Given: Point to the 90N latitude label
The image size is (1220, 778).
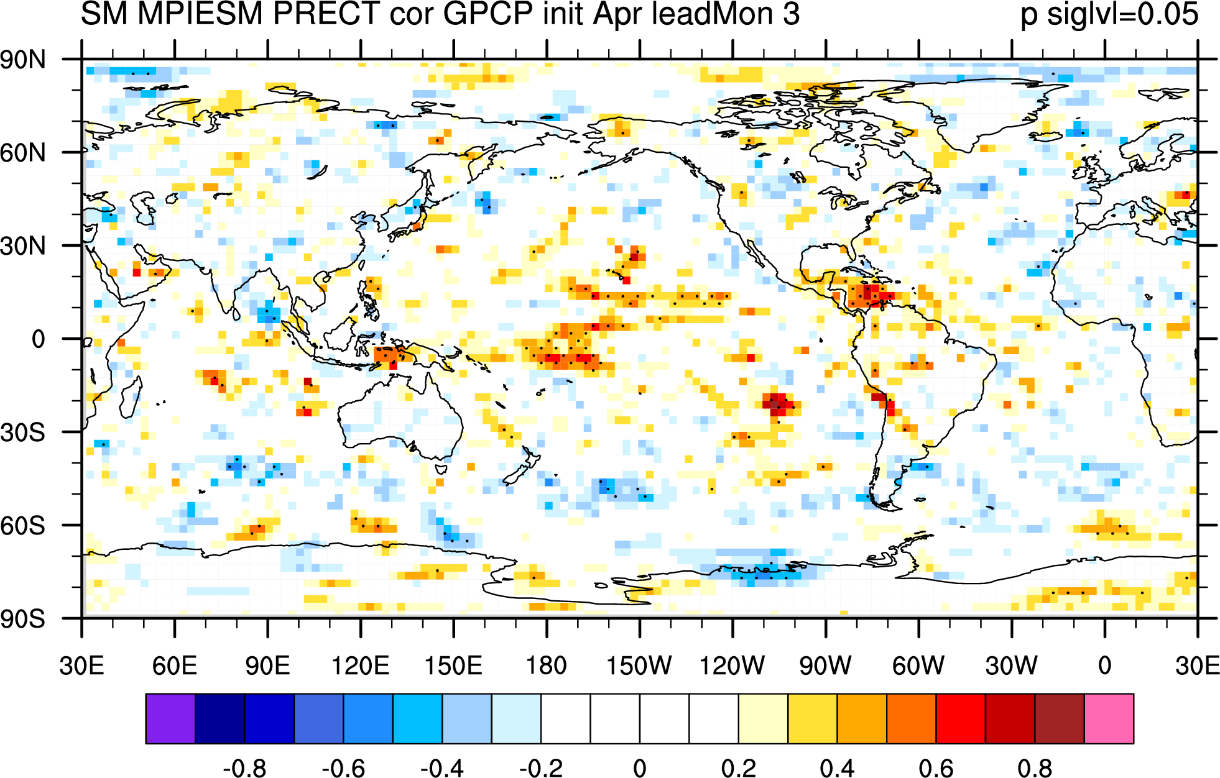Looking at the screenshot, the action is [x=23, y=60].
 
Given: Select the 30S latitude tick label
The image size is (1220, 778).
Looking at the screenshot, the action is [x=23, y=432].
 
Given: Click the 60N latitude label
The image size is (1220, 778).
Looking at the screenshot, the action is [x=23, y=153].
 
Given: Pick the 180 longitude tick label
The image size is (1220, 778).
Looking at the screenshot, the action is [x=547, y=666].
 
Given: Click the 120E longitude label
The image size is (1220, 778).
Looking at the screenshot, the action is [x=360, y=666].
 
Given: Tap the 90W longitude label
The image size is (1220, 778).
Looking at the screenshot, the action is [x=825, y=666].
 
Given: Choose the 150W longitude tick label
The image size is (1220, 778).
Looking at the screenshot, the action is [x=639, y=666].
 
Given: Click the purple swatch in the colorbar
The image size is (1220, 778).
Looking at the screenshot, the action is [x=170, y=718].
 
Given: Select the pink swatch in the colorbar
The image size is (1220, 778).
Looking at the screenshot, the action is [x=1109, y=718].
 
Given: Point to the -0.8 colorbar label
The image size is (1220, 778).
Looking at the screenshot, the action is [x=244, y=768].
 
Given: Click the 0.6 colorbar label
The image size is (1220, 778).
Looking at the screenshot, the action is [x=936, y=768].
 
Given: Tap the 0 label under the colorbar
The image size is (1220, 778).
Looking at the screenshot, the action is [x=639, y=768].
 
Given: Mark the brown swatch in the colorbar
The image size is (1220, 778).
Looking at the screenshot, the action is [x=1060, y=718].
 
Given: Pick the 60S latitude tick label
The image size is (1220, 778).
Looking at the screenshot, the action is [x=23, y=526].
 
